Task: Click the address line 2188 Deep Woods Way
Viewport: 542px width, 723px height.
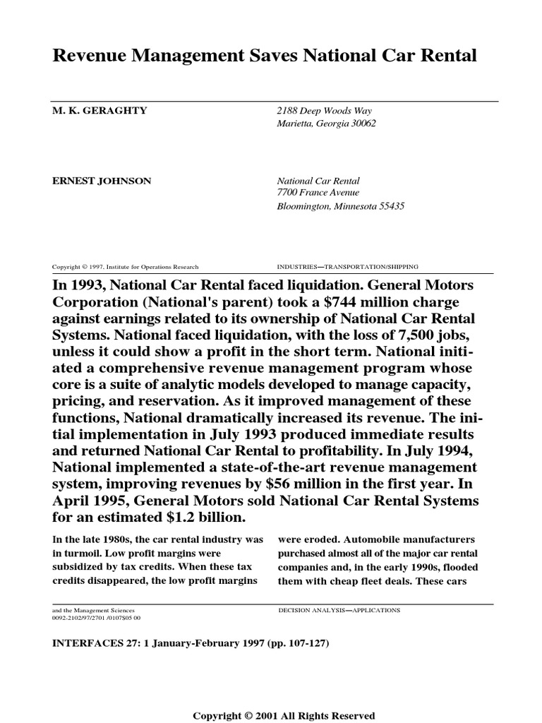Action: pos(324,111)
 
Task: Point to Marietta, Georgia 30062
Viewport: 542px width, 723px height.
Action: pos(326,124)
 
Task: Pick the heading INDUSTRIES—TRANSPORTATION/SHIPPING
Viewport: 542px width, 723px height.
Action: pos(349,267)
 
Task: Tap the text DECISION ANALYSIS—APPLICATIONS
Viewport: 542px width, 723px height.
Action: pos(339,609)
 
